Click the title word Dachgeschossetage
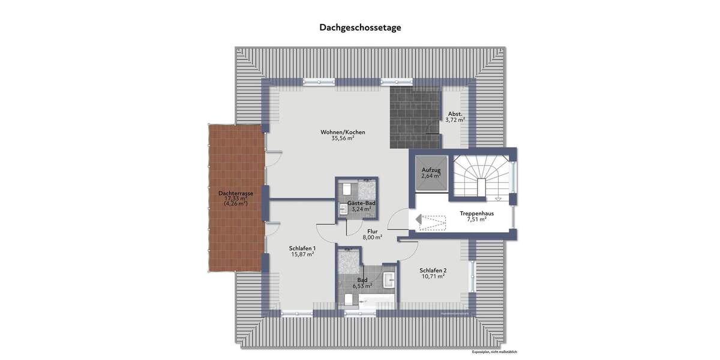pyautogui.click(x=360, y=27)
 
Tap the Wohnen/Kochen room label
pyautogui.click(x=343, y=132)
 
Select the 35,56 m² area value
pyautogui.click(x=343, y=139)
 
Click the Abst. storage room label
pyautogui.click(x=455, y=113)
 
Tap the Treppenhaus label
pyautogui.click(x=476, y=213)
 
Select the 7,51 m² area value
pyautogui.click(x=476, y=220)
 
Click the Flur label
pyautogui.click(x=372, y=230)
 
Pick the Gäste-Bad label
pyautogui.click(x=362, y=203)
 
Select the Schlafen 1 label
pyautogui.click(x=302, y=248)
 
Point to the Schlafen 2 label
pyautogui.click(x=432, y=270)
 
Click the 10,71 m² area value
pyautogui.click(x=432, y=277)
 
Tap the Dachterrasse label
pyautogui.click(x=235, y=193)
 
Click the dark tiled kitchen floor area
pyautogui.click(x=414, y=117)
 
